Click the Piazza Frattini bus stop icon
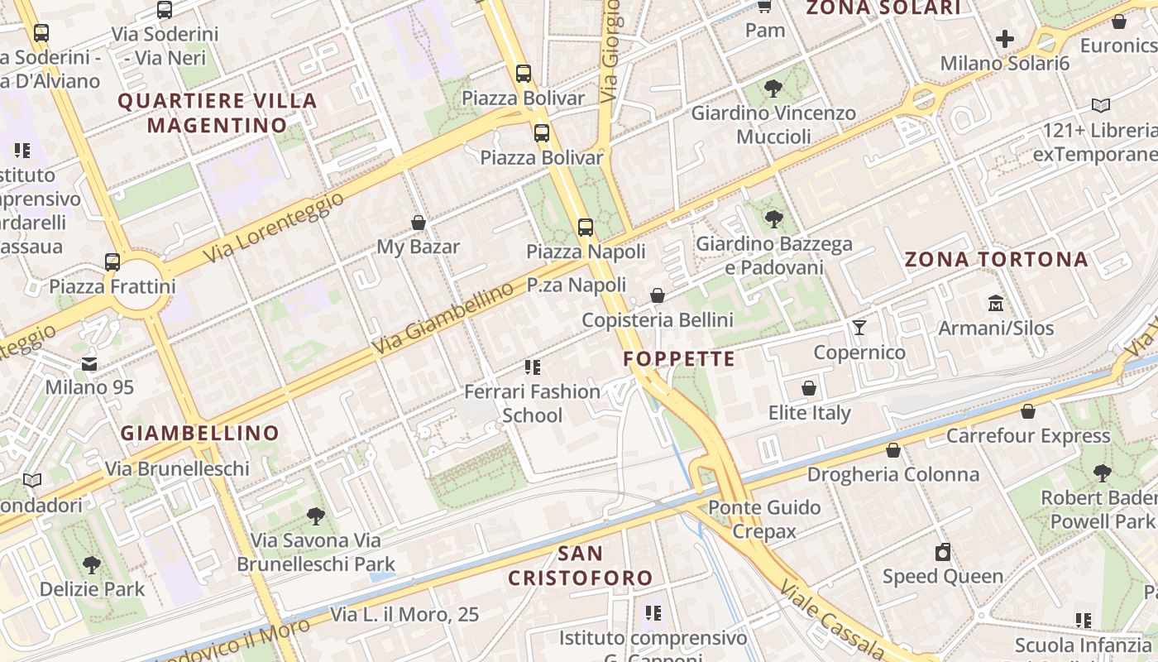click(112, 262)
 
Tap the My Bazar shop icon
click(419, 223)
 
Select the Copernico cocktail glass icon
click(859, 328)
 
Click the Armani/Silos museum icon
click(996, 304)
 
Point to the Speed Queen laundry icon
click(943, 552)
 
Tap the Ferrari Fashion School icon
click(533, 367)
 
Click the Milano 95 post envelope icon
click(89, 363)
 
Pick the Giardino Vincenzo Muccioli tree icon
click(773, 88)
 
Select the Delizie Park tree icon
click(92, 565)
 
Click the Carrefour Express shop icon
click(1028, 411)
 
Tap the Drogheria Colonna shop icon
click(893, 450)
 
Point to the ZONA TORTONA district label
click(996, 260)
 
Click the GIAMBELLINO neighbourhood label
click(200, 433)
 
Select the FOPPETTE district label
click(679, 359)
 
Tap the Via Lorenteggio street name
click(273, 227)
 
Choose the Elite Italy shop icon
click(809, 388)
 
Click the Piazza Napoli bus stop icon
click(586, 227)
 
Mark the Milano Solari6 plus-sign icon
click(1005, 39)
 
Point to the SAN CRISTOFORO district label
click(580, 565)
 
